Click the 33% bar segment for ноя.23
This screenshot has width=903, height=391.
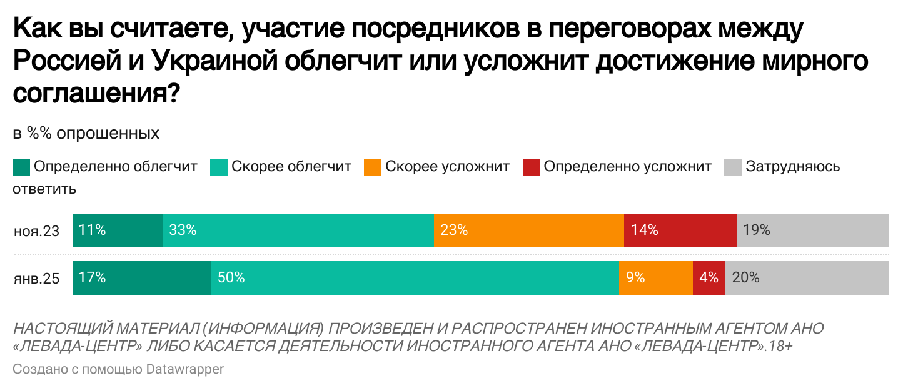[x=298, y=230]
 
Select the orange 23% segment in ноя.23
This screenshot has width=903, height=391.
[x=528, y=230]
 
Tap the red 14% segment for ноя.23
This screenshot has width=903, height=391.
[x=680, y=230]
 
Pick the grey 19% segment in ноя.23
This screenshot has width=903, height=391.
[x=813, y=230]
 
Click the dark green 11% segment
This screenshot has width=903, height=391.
[x=118, y=230]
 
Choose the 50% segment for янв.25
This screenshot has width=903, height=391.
[x=415, y=277]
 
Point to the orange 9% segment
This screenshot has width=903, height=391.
[x=655, y=277]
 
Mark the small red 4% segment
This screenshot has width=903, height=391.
[x=709, y=277]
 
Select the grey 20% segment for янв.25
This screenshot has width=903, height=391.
[x=807, y=277]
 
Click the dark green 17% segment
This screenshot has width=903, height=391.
[x=142, y=277]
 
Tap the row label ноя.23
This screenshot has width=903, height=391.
[x=37, y=231]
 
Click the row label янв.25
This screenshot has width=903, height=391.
[x=37, y=279]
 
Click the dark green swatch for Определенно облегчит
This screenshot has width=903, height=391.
[x=21, y=167]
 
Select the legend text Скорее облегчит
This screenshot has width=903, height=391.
[x=291, y=167]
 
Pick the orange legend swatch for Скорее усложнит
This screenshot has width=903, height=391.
[x=372, y=167]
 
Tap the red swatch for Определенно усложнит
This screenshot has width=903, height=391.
[x=531, y=167]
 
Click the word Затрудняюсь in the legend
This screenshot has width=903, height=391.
[x=792, y=167]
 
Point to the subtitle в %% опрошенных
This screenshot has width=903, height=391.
[x=86, y=134]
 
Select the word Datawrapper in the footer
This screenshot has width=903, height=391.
[x=184, y=369]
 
